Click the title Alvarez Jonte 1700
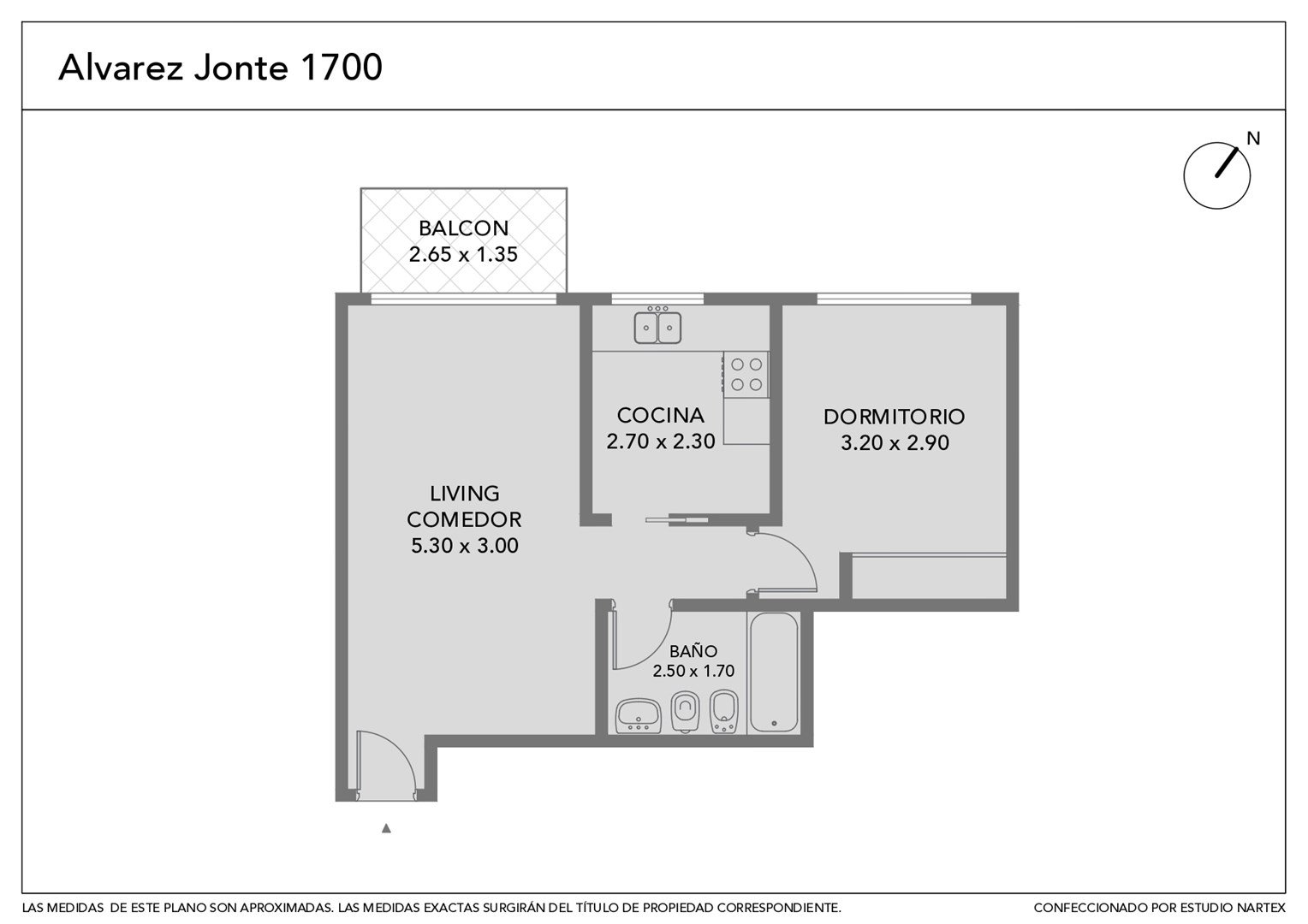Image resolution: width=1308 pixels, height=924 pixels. coord(220,67)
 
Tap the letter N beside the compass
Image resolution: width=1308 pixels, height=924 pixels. coord(1253,139)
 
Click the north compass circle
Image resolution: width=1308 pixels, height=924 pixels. coord(1217,175)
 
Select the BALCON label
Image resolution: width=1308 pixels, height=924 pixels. coord(464,228)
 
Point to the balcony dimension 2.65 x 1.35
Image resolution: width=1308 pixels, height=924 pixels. coord(464,254)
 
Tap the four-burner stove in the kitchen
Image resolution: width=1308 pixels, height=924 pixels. coord(746,375)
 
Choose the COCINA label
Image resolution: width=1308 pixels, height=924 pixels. coord(661,416)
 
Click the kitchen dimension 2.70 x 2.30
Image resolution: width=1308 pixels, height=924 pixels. coord(661,441)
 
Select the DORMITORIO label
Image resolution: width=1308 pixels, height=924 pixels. coord(894,417)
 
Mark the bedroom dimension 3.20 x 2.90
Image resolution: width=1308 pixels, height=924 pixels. coord(895,443)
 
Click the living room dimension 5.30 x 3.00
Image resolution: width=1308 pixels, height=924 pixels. coord(465,546)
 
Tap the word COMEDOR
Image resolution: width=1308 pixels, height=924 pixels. coord(464,519)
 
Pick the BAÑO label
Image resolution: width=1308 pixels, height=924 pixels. coord(693,651)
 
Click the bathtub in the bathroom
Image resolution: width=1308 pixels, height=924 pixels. coord(775,672)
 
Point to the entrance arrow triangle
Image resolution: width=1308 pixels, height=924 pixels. coord(386,828)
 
